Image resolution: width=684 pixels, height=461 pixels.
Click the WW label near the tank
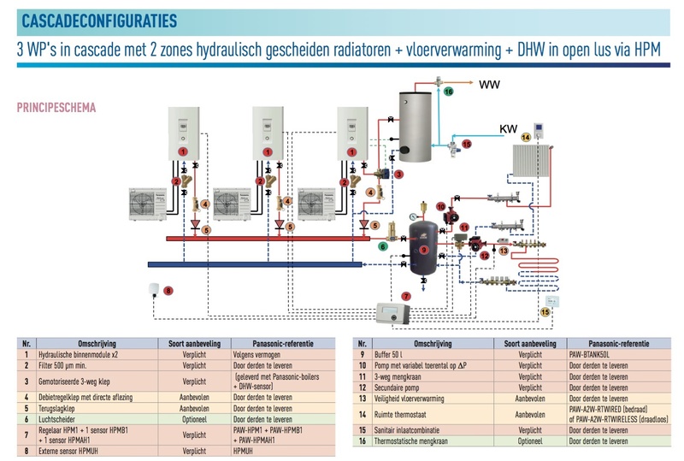[489, 86]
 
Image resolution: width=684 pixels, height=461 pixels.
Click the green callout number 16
[450, 91]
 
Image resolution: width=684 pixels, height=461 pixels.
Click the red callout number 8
[168, 292]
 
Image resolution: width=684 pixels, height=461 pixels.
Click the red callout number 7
[405, 295]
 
